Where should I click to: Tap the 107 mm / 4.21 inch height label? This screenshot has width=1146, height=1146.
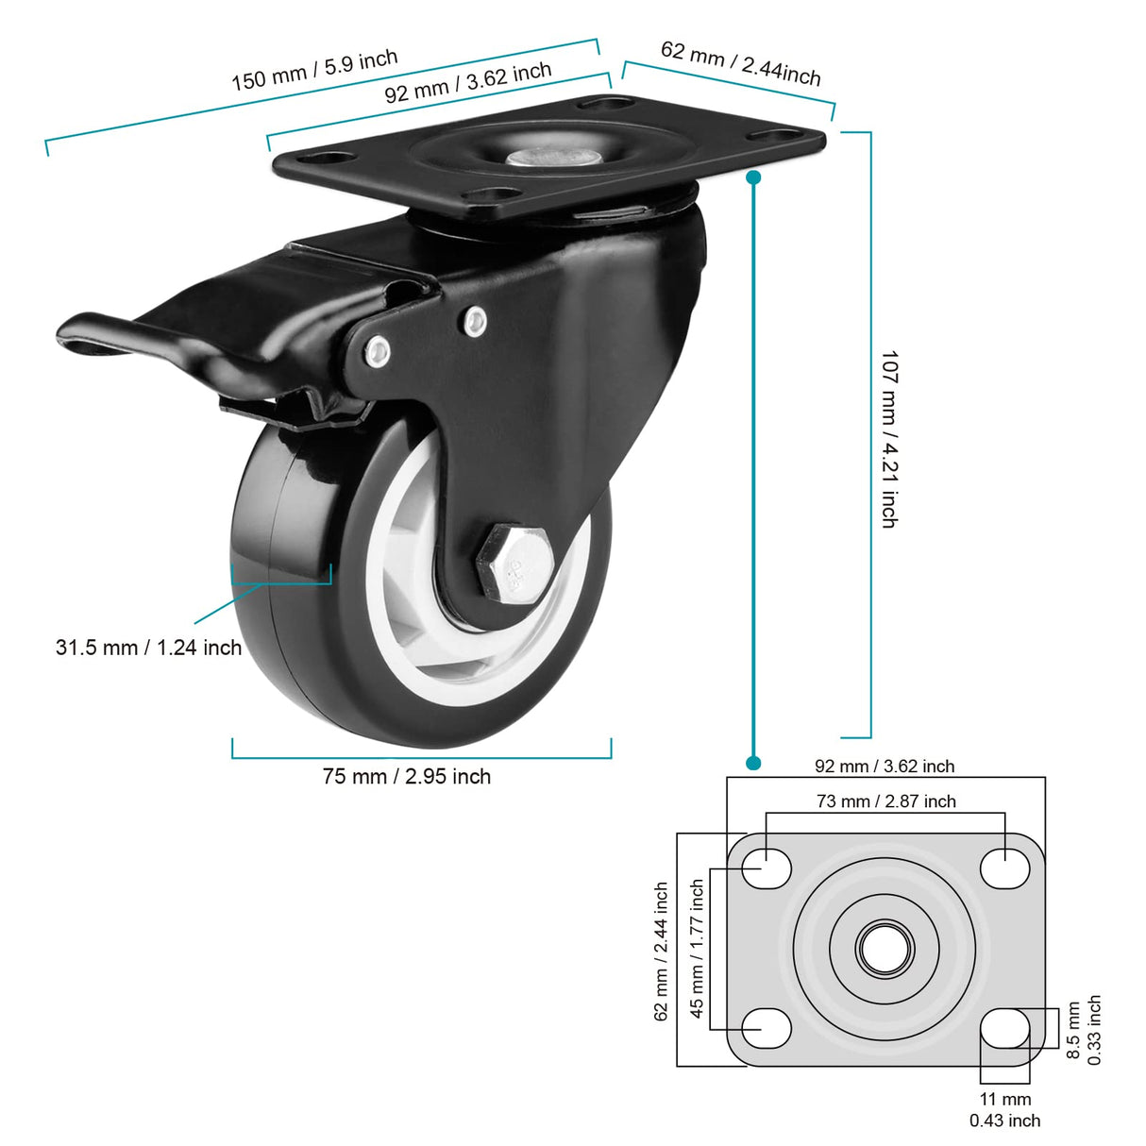tap(889, 438)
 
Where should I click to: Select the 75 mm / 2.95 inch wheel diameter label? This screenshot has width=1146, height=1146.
tap(406, 777)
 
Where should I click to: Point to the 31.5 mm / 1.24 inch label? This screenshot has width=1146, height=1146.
tap(148, 648)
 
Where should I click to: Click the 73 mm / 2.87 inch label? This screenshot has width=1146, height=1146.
tap(885, 801)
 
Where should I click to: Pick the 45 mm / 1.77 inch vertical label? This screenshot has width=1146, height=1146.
tap(697, 948)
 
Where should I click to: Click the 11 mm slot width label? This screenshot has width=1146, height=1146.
tap(1004, 1099)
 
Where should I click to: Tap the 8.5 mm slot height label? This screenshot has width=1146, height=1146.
tap(1073, 1030)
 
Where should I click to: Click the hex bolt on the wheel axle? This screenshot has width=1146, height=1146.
tap(507, 563)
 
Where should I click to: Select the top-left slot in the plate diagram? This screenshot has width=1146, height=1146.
tap(767, 868)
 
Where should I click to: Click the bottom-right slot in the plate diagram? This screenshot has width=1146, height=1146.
tap(1004, 1028)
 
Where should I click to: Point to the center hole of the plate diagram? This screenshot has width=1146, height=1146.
tap(885, 948)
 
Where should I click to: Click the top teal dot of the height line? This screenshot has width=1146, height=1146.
tap(753, 177)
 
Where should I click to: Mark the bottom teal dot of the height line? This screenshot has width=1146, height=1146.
tap(753, 762)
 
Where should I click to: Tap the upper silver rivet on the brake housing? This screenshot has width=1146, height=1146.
tap(475, 322)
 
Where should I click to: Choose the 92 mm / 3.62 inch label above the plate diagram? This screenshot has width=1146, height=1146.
tap(885, 767)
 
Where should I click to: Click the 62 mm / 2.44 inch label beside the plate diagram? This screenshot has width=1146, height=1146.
tap(661, 951)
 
